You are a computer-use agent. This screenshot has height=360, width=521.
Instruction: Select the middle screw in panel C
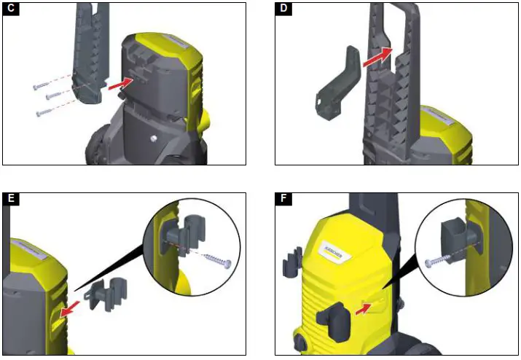click(x=54, y=95)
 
